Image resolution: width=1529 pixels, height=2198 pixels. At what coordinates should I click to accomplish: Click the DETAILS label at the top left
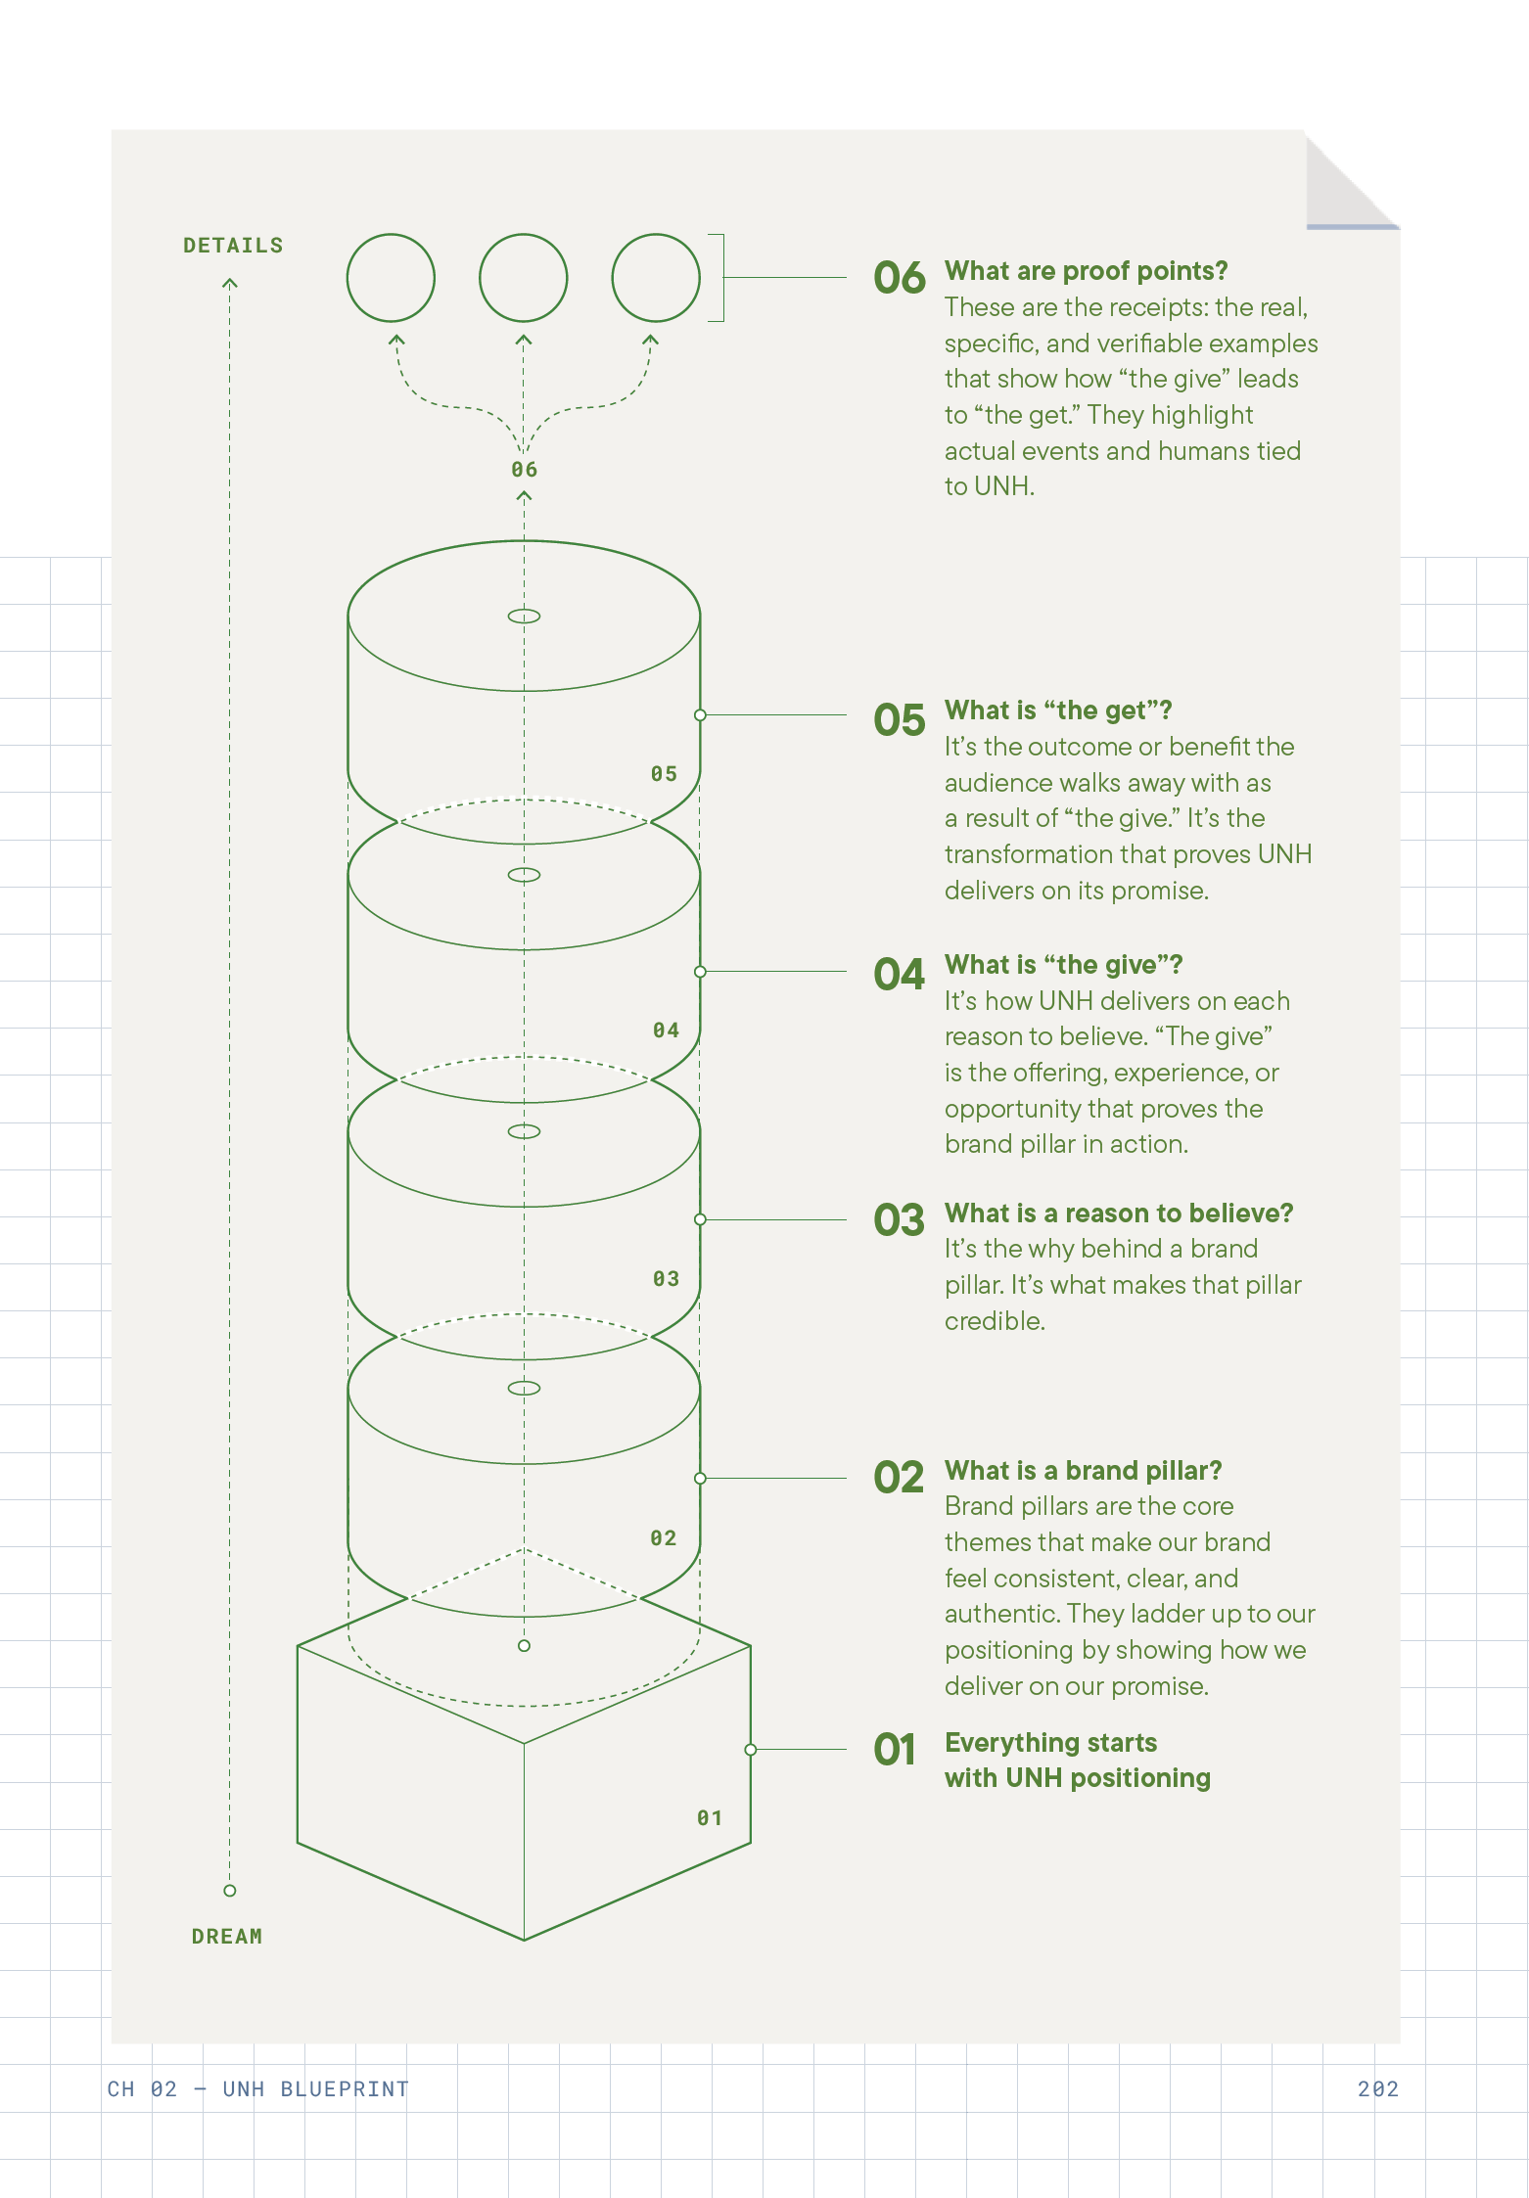click(x=233, y=246)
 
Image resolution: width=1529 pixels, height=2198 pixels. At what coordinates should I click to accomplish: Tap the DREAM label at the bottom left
click(x=227, y=1937)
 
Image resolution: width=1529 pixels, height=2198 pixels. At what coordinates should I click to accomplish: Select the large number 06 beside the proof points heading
click(x=899, y=279)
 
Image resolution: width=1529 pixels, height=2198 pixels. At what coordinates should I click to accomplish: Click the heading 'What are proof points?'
click(x=1086, y=271)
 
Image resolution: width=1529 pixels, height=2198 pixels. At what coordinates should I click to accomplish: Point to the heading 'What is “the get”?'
click(x=1057, y=710)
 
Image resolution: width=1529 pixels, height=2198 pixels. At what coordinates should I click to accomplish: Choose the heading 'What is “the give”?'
click(x=1063, y=965)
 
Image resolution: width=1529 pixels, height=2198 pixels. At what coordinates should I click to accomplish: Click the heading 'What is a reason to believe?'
click(x=1118, y=1213)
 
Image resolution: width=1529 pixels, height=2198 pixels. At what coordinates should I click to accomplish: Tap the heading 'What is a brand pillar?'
click(x=1083, y=1471)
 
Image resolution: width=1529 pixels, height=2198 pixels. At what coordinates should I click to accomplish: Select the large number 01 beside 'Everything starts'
click(x=895, y=1751)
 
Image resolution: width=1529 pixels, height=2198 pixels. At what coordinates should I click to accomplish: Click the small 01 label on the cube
click(x=710, y=1818)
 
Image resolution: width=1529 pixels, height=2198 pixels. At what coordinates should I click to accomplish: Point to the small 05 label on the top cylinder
click(x=664, y=774)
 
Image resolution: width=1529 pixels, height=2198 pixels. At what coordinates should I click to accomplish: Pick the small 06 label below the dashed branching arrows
click(x=524, y=470)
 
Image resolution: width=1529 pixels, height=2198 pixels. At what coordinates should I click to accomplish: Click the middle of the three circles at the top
click(x=523, y=278)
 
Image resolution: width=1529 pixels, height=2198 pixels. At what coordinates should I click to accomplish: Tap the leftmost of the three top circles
click(x=391, y=278)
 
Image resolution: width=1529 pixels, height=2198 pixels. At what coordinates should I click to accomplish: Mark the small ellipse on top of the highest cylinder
click(x=524, y=617)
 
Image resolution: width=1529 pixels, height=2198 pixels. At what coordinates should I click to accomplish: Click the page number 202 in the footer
click(x=1377, y=2089)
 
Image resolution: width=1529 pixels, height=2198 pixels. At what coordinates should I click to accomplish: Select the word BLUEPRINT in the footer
click(x=345, y=2089)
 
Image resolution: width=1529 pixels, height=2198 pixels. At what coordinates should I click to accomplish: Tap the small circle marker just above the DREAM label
click(x=230, y=1891)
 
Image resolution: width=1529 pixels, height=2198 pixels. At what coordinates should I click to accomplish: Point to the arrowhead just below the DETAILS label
click(x=230, y=284)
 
